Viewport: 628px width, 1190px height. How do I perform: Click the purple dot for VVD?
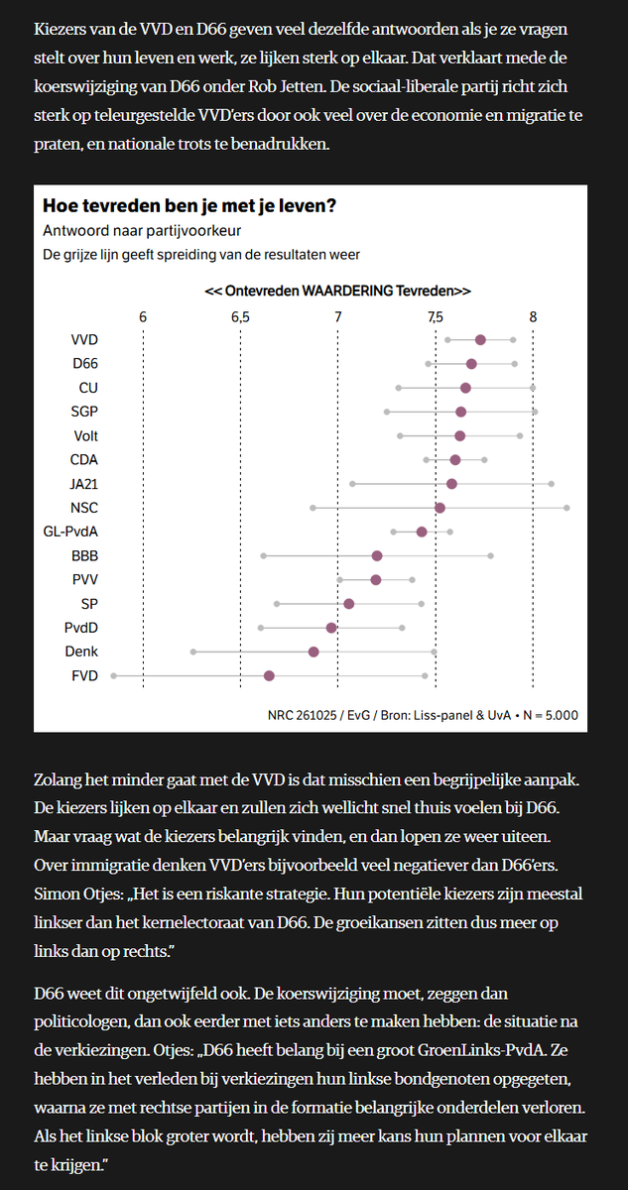pyautogui.click(x=480, y=339)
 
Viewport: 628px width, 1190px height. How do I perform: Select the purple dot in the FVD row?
pyautogui.click(x=269, y=675)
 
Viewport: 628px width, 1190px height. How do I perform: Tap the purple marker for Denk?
pyautogui.click(x=314, y=652)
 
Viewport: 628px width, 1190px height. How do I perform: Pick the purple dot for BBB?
pyautogui.click(x=377, y=555)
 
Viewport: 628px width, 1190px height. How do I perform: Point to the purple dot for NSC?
pyautogui.click(x=440, y=508)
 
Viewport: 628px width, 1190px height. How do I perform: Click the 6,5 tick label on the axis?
pyautogui.click(x=240, y=316)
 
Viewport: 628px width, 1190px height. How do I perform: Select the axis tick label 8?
pyautogui.click(x=533, y=316)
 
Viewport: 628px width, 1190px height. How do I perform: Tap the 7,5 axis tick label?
pyautogui.click(x=436, y=316)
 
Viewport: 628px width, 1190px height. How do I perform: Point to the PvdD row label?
pyautogui.click(x=81, y=628)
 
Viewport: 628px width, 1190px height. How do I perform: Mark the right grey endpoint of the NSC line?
pyautogui.click(x=566, y=508)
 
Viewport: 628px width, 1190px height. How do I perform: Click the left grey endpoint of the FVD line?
pyautogui.click(x=114, y=675)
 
